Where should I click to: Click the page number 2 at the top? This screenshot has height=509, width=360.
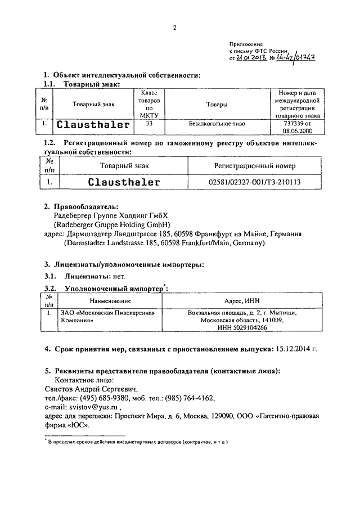(x=175, y=28)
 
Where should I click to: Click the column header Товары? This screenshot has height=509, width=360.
(x=216, y=104)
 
